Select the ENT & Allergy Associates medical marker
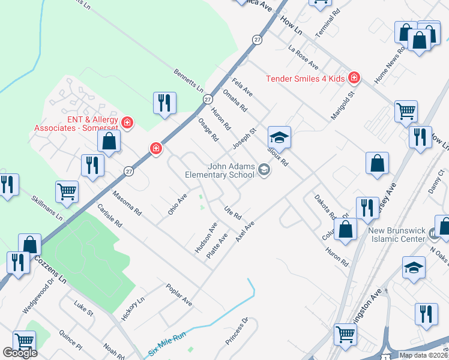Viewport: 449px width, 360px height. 127,123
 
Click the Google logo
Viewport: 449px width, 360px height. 20,353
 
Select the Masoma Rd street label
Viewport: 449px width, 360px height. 127,203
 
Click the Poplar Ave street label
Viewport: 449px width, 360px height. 179,295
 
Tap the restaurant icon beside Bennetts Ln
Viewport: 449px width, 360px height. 164,103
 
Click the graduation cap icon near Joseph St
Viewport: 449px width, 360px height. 279,137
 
